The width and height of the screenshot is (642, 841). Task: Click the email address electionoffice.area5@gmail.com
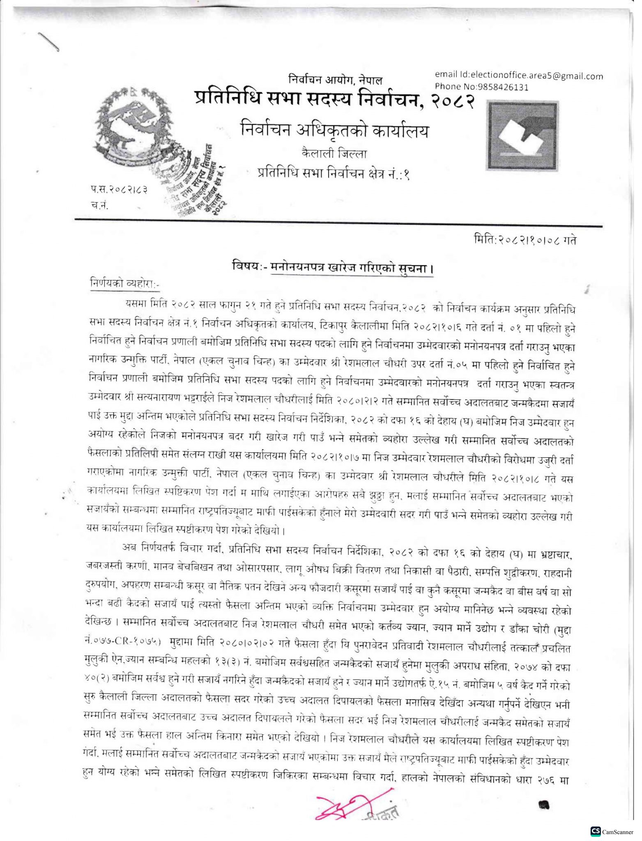coord(519,75)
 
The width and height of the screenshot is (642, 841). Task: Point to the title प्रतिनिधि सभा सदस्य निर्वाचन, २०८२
coord(335,100)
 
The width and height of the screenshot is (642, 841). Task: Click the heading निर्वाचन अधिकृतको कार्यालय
coord(335,131)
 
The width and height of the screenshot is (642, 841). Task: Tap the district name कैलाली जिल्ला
coord(334,154)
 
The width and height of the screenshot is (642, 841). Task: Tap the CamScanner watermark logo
coord(612,831)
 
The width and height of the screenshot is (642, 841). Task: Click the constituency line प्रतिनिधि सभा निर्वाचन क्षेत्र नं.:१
coord(334,174)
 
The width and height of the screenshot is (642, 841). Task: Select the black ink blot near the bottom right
coord(544,804)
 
